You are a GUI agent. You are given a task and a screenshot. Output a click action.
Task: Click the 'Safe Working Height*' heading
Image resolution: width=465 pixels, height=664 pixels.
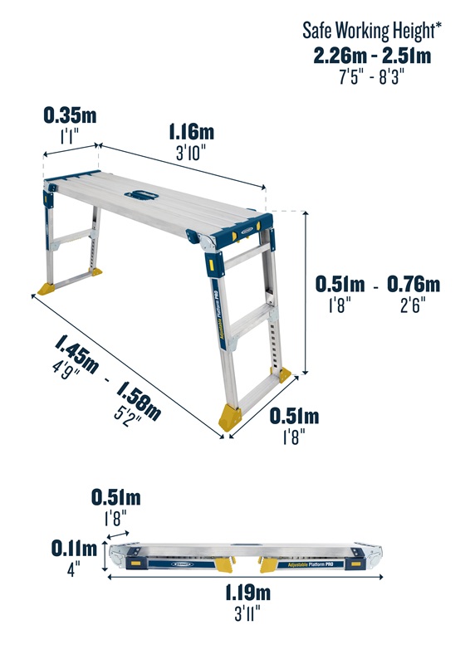(x=372, y=31)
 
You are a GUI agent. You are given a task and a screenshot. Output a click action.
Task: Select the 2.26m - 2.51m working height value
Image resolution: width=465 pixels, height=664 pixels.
(x=372, y=56)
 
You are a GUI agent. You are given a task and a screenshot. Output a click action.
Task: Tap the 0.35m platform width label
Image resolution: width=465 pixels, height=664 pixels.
(x=70, y=115)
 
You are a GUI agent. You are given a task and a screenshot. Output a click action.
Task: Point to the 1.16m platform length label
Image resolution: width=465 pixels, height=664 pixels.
(x=192, y=132)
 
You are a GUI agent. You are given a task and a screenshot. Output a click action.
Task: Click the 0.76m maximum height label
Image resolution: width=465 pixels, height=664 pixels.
(x=414, y=284)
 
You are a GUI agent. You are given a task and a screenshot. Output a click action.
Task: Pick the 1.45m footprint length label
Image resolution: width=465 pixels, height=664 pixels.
(x=76, y=354)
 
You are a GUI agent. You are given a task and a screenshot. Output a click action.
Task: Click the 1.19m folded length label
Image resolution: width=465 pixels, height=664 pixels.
(x=247, y=593)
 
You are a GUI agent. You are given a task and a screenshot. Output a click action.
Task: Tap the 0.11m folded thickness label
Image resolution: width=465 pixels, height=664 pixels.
(x=74, y=549)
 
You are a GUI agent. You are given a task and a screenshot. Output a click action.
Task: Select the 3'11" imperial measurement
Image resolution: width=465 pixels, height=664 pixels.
(x=247, y=613)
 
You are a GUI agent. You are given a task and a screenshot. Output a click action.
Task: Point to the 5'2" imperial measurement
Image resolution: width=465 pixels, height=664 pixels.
(x=128, y=417)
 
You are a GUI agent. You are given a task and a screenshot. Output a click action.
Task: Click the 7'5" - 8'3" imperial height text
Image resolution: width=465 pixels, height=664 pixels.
(x=371, y=77)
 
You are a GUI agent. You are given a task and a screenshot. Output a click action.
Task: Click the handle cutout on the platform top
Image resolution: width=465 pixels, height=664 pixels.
(x=141, y=195)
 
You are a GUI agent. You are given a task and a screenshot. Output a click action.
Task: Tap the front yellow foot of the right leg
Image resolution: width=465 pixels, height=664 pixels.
(x=230, y=417)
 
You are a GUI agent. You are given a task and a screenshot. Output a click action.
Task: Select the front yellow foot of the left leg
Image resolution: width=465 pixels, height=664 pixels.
(x=46, y=289)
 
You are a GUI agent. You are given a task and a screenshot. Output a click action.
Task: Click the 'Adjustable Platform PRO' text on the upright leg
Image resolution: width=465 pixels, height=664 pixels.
(x=218, y=315)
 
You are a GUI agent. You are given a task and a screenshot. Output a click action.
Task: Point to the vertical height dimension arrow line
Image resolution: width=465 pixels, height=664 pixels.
(x=305, y=293)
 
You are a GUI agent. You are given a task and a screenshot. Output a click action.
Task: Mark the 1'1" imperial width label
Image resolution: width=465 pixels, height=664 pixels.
(x=70, y=136)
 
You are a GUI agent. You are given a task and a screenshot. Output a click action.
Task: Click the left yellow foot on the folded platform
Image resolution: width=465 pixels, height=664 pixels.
(x=224, y=564)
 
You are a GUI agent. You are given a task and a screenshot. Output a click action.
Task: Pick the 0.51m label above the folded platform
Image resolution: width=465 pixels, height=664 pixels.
(x=116, y=497)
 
